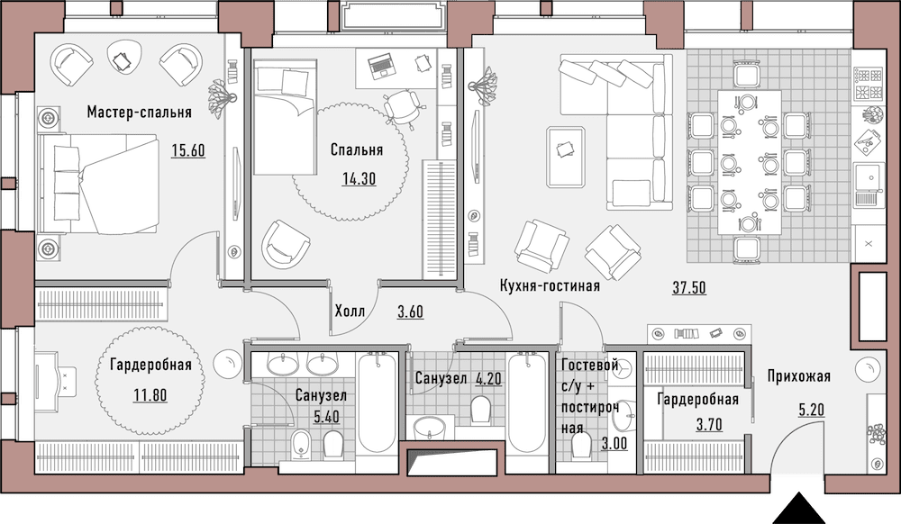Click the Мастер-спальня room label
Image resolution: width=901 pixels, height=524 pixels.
139,112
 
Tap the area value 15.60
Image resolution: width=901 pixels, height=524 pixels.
188,150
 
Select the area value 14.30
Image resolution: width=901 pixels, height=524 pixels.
359,178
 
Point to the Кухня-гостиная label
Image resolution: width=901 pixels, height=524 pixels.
550,285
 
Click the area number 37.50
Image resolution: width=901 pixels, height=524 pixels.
689,287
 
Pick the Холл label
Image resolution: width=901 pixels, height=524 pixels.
350,312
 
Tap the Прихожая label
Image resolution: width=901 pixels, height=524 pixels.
798,376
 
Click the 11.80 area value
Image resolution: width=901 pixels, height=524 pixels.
150,395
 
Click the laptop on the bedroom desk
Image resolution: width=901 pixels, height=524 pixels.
381,66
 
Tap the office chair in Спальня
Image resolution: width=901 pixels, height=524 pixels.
403,108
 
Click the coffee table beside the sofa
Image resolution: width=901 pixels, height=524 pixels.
566,157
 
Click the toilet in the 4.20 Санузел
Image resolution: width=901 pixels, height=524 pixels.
480,410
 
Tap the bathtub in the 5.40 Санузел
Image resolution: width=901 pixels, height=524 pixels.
377,405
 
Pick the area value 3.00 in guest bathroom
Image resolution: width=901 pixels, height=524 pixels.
614,443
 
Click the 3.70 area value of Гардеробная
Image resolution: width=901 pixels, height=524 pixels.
709,425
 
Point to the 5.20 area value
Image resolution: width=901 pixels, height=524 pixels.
812,410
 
